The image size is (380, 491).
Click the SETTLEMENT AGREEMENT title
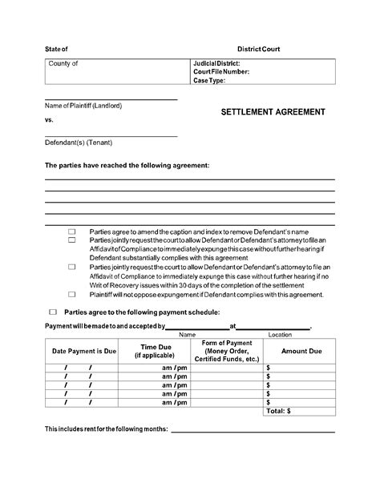click(x=273, y=112)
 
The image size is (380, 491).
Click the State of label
click(x=57, y=49)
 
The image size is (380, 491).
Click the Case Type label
click(x=210, y=80)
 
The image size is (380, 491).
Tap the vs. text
click(x=50, y=119)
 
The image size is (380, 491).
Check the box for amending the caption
click(x=71, y=230)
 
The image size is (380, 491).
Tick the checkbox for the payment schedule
click(x=53, y=312)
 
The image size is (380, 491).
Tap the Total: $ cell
click(x=277, y=410)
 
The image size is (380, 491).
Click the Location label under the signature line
click(x=280, y=334)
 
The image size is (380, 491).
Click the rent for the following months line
click(x=253, y=431)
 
